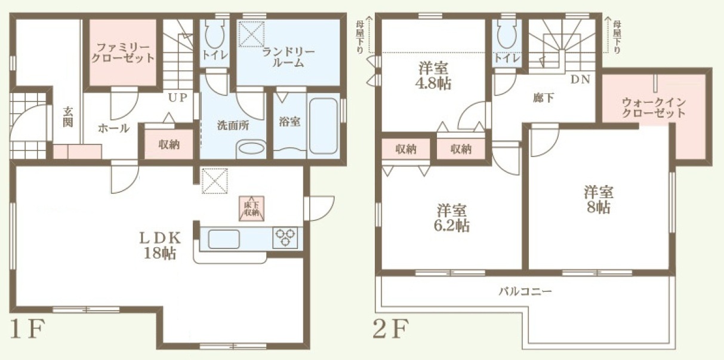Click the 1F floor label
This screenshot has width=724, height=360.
(27, 328)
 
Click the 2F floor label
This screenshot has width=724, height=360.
(391, 328)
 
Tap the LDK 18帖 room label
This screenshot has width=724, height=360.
(160, 245)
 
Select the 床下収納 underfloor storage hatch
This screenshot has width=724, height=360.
(251, 209)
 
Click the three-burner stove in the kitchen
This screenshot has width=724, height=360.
(285, 238)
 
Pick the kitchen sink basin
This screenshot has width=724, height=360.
(224, 239)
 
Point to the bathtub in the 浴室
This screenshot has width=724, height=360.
(324, 126)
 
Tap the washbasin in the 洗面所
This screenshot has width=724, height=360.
(251, 149)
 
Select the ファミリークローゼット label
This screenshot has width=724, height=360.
(123, 53)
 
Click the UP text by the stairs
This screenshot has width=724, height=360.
(178, 97)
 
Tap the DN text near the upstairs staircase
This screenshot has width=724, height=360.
(580, 79)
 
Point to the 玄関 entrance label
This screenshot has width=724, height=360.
(68, 117)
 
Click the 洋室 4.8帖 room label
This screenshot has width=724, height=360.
(433, 76)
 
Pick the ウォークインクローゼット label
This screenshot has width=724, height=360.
(654, 108)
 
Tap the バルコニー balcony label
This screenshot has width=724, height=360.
(525, 292)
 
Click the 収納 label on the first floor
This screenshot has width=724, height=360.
(169, 144)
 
